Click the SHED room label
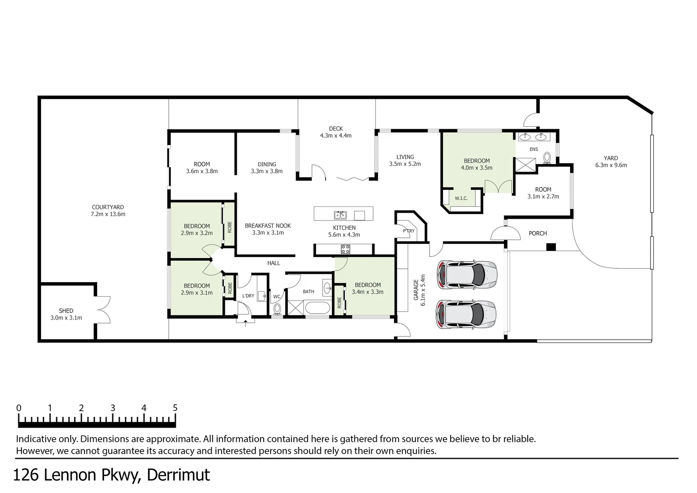click(66, 311)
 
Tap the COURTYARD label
click(108, 207)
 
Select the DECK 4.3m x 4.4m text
click(336, 132)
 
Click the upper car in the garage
click(466, 274)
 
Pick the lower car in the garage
click(466, 315)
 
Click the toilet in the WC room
click(277, 309)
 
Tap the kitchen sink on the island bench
click(340, 215)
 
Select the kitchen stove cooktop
click(346, 249)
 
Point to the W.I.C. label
click(461, 199)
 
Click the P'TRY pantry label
click(409, 231)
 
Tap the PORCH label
click(537, 233)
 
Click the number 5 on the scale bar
click(175, 408)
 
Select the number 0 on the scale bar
click(19, 408)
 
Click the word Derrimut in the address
click(179, 475)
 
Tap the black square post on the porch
click(551, 247)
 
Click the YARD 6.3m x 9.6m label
click(611, 162)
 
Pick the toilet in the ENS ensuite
click(547, 157)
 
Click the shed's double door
click(103, 310)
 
